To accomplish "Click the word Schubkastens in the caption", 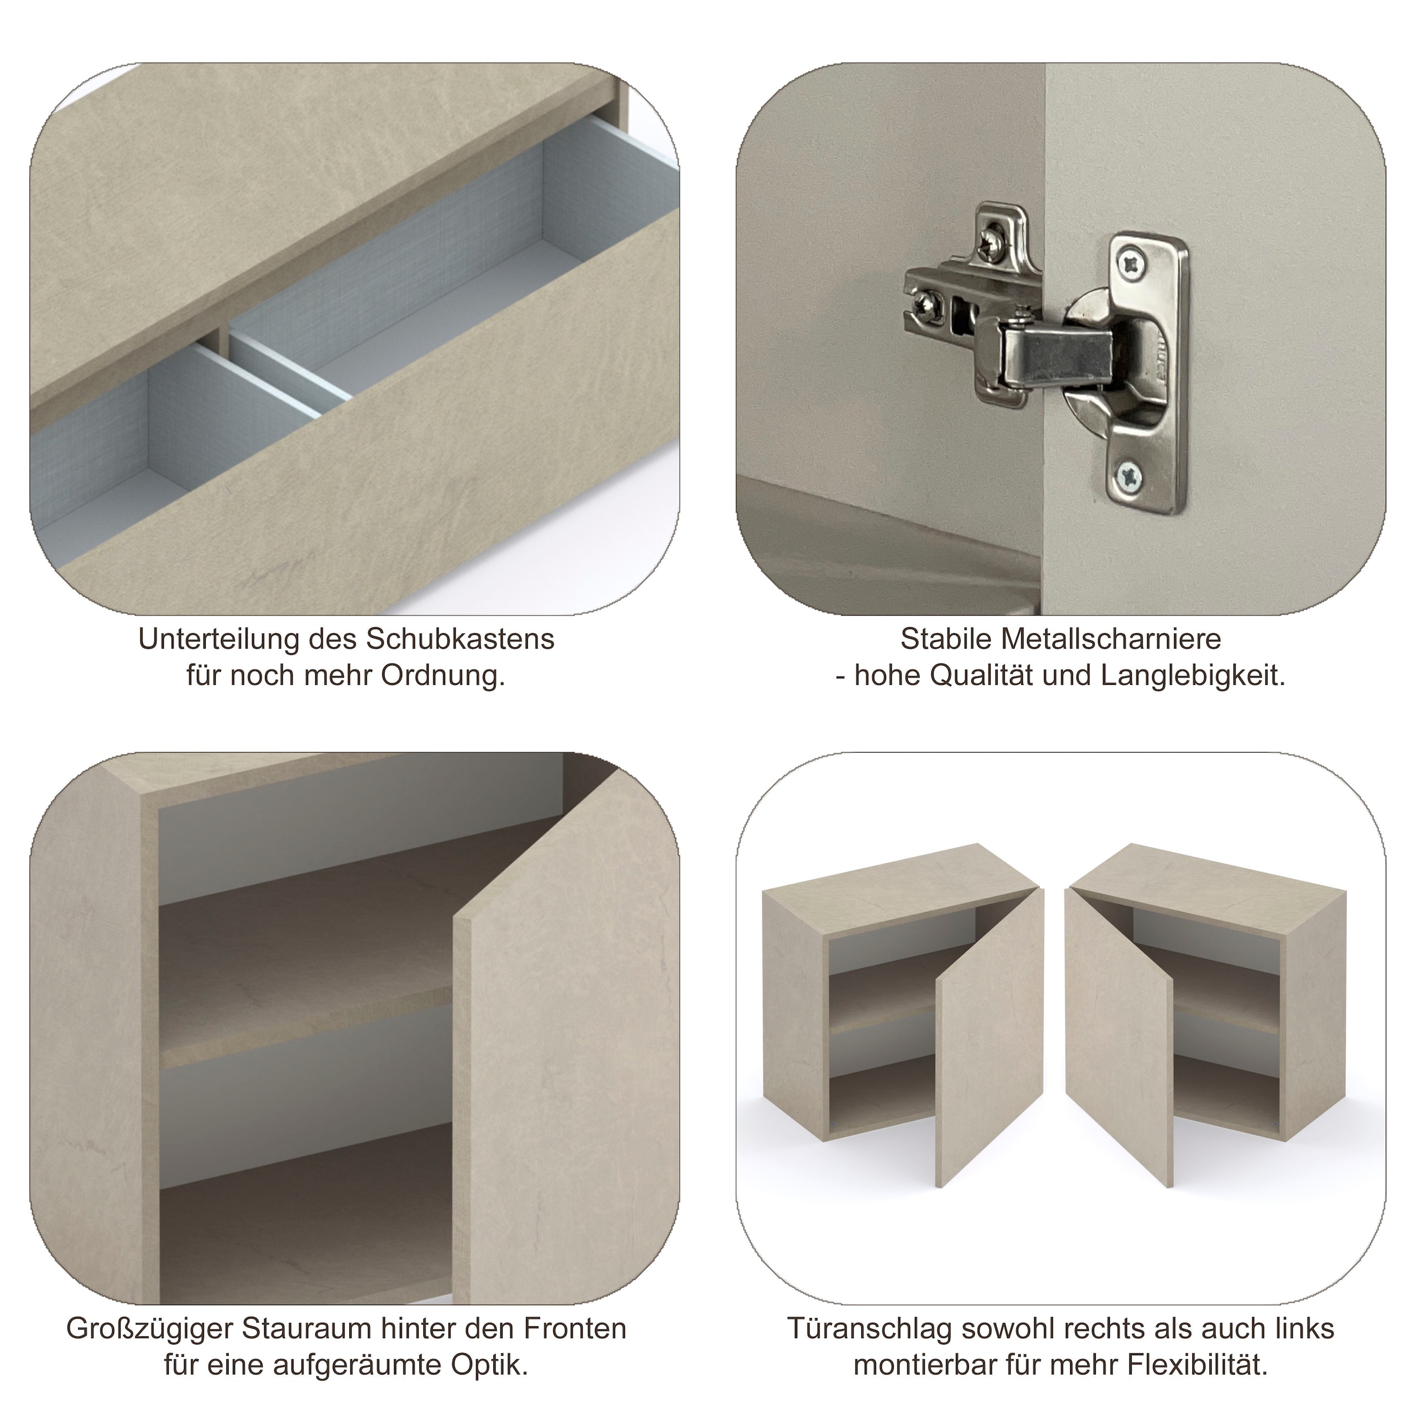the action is pos(460,639).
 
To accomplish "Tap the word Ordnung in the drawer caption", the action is pos(443,676).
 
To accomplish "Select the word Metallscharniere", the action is pos(1110,639).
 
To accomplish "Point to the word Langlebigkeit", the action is pos(1193,676).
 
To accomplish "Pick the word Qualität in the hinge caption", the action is pos(983,676).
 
